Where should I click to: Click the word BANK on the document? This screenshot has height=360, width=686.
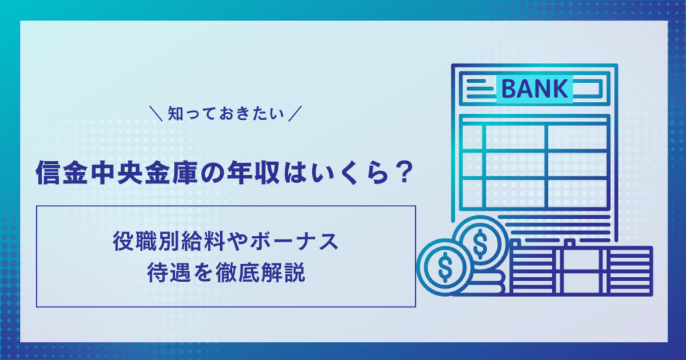534,88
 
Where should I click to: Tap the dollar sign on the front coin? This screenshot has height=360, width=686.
445,267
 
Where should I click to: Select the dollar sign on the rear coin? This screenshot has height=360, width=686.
480,243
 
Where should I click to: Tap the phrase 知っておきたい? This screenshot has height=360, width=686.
226,114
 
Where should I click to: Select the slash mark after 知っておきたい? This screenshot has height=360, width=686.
295,114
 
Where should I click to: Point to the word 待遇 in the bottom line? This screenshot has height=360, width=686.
169,273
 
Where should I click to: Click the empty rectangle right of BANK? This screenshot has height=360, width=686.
588,88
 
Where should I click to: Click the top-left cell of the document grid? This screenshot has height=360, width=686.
472,137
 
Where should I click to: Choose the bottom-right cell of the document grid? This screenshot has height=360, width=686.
578,193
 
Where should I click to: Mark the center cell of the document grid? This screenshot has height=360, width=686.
515,165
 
